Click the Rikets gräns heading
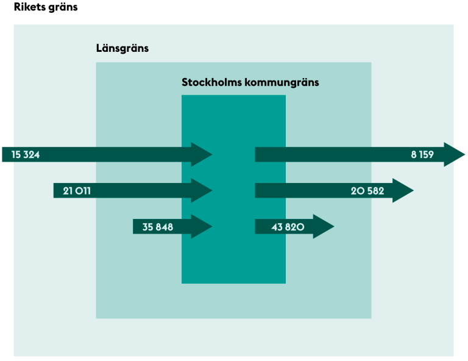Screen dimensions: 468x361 tap(46, 7)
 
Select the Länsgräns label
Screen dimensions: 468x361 tap(122, 48)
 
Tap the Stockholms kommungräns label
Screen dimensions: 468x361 tap(250, 82)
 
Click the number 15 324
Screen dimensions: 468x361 tap(26, 155)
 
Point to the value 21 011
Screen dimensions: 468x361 tap(77, 191)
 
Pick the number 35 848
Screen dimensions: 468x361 tap(158, 227)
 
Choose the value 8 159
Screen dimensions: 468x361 tap(422, 155)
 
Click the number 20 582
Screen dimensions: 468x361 tap(367, 191)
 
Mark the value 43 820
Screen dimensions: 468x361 tap(288, 227)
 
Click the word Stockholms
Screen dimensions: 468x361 tap(211, 82)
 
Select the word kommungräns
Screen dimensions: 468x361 tap(282, 83)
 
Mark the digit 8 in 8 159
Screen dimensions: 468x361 tap(414, 155)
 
